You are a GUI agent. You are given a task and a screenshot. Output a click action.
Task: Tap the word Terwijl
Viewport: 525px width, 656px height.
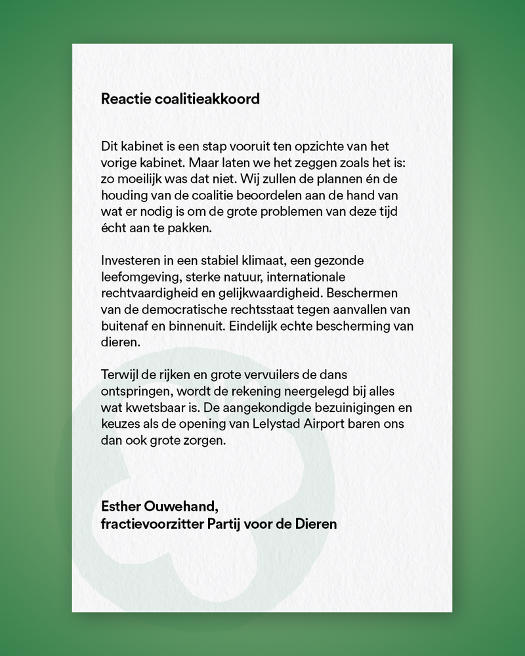(x=120, y=375)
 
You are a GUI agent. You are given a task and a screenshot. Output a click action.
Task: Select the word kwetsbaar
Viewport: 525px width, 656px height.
(x=153, y=407)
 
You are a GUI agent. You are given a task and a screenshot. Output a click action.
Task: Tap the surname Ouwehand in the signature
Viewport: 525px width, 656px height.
(x=179, y=507)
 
